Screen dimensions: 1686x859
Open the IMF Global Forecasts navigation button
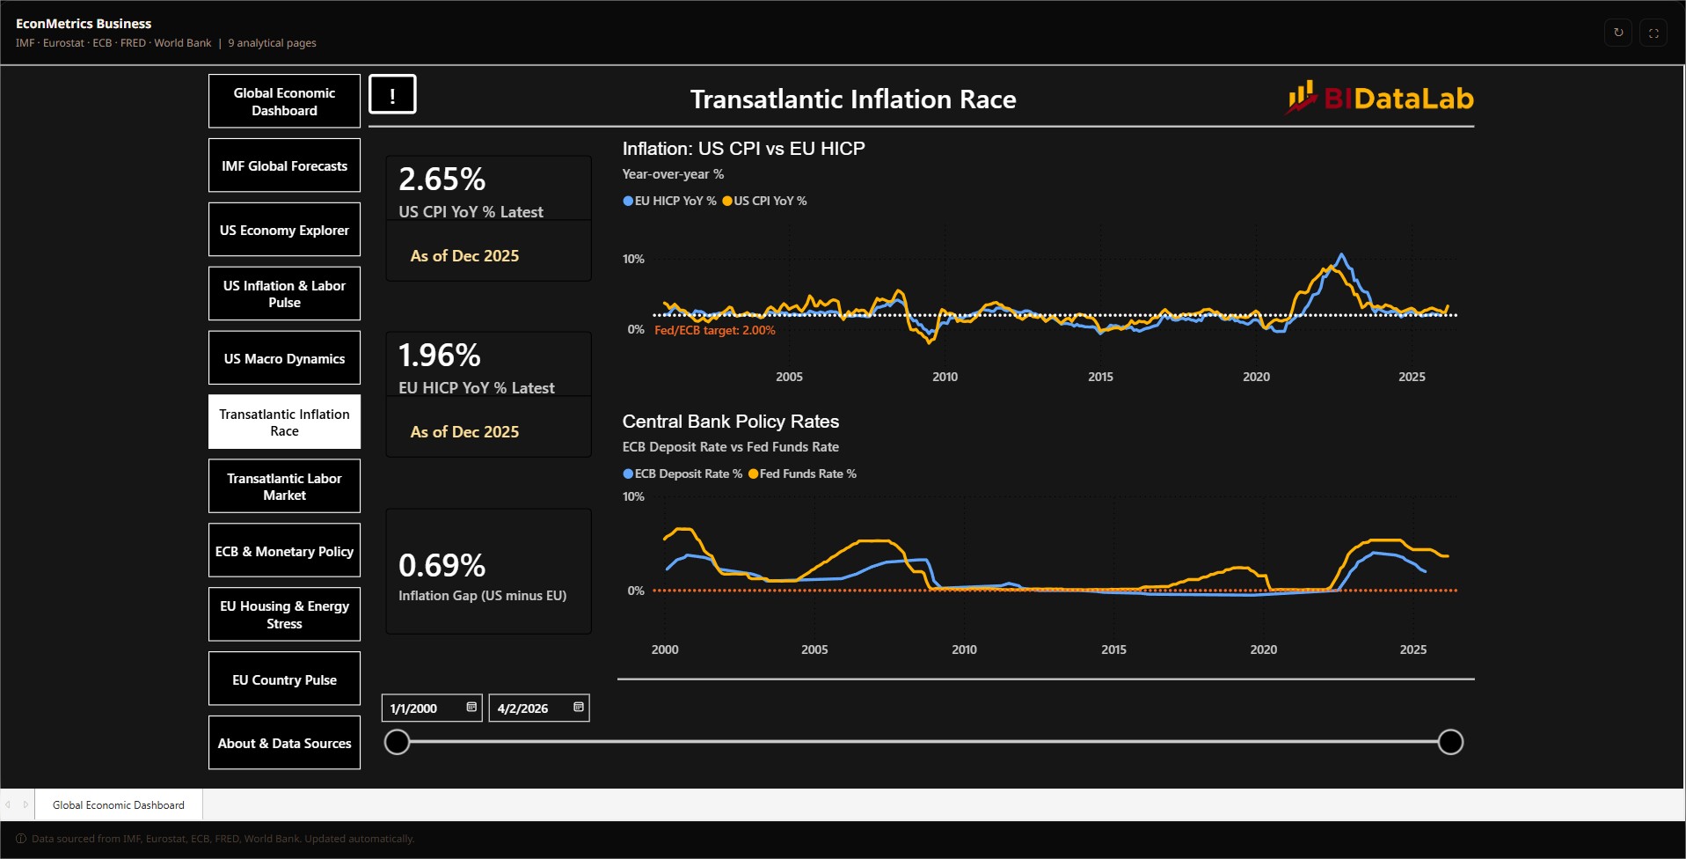click(284, 165)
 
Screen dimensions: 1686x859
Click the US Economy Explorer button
click(284, 230)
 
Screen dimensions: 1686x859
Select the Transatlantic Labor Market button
click(284, 487)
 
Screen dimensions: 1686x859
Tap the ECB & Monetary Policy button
click(284, 551)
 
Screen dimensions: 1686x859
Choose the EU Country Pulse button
click(284, 679)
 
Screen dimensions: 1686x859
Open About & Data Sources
click(284, 744)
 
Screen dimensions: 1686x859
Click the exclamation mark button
click(392, 94)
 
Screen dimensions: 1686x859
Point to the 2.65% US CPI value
click(442, 180)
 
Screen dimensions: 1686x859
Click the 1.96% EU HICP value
click(440, 356)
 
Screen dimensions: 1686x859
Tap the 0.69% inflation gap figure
click(442, 565)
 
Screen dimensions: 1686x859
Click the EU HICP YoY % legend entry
click(669, 201)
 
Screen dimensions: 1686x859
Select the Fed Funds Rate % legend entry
click(802, 474)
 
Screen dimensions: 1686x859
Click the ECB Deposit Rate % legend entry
click(682, 474)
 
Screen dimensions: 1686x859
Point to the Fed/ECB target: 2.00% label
click(715, 331)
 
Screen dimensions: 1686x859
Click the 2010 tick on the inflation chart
click(945, 377)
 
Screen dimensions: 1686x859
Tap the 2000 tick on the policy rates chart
click(665, 650)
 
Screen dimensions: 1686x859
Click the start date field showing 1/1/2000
click(432, 708)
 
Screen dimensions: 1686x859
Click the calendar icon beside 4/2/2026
click(579, 707)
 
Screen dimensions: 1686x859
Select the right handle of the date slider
click(1450, 742)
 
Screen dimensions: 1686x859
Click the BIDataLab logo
click(1381, 98)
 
